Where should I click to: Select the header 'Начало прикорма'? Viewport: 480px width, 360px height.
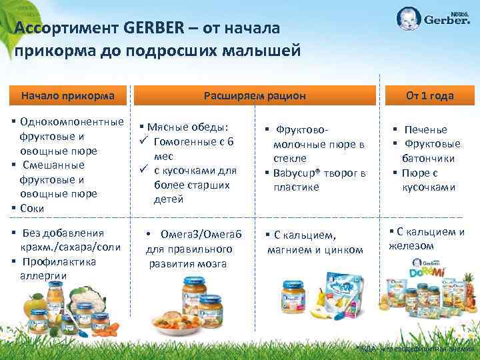(68, 95)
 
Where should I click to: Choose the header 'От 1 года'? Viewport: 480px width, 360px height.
(430, 95)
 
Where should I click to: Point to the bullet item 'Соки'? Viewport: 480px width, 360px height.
(32, 208)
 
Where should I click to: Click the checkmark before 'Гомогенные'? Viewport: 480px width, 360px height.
(143, 141)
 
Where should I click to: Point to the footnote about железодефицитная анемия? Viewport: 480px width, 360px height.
(415, 349)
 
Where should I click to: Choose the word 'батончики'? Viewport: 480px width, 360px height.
(428, 159)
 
